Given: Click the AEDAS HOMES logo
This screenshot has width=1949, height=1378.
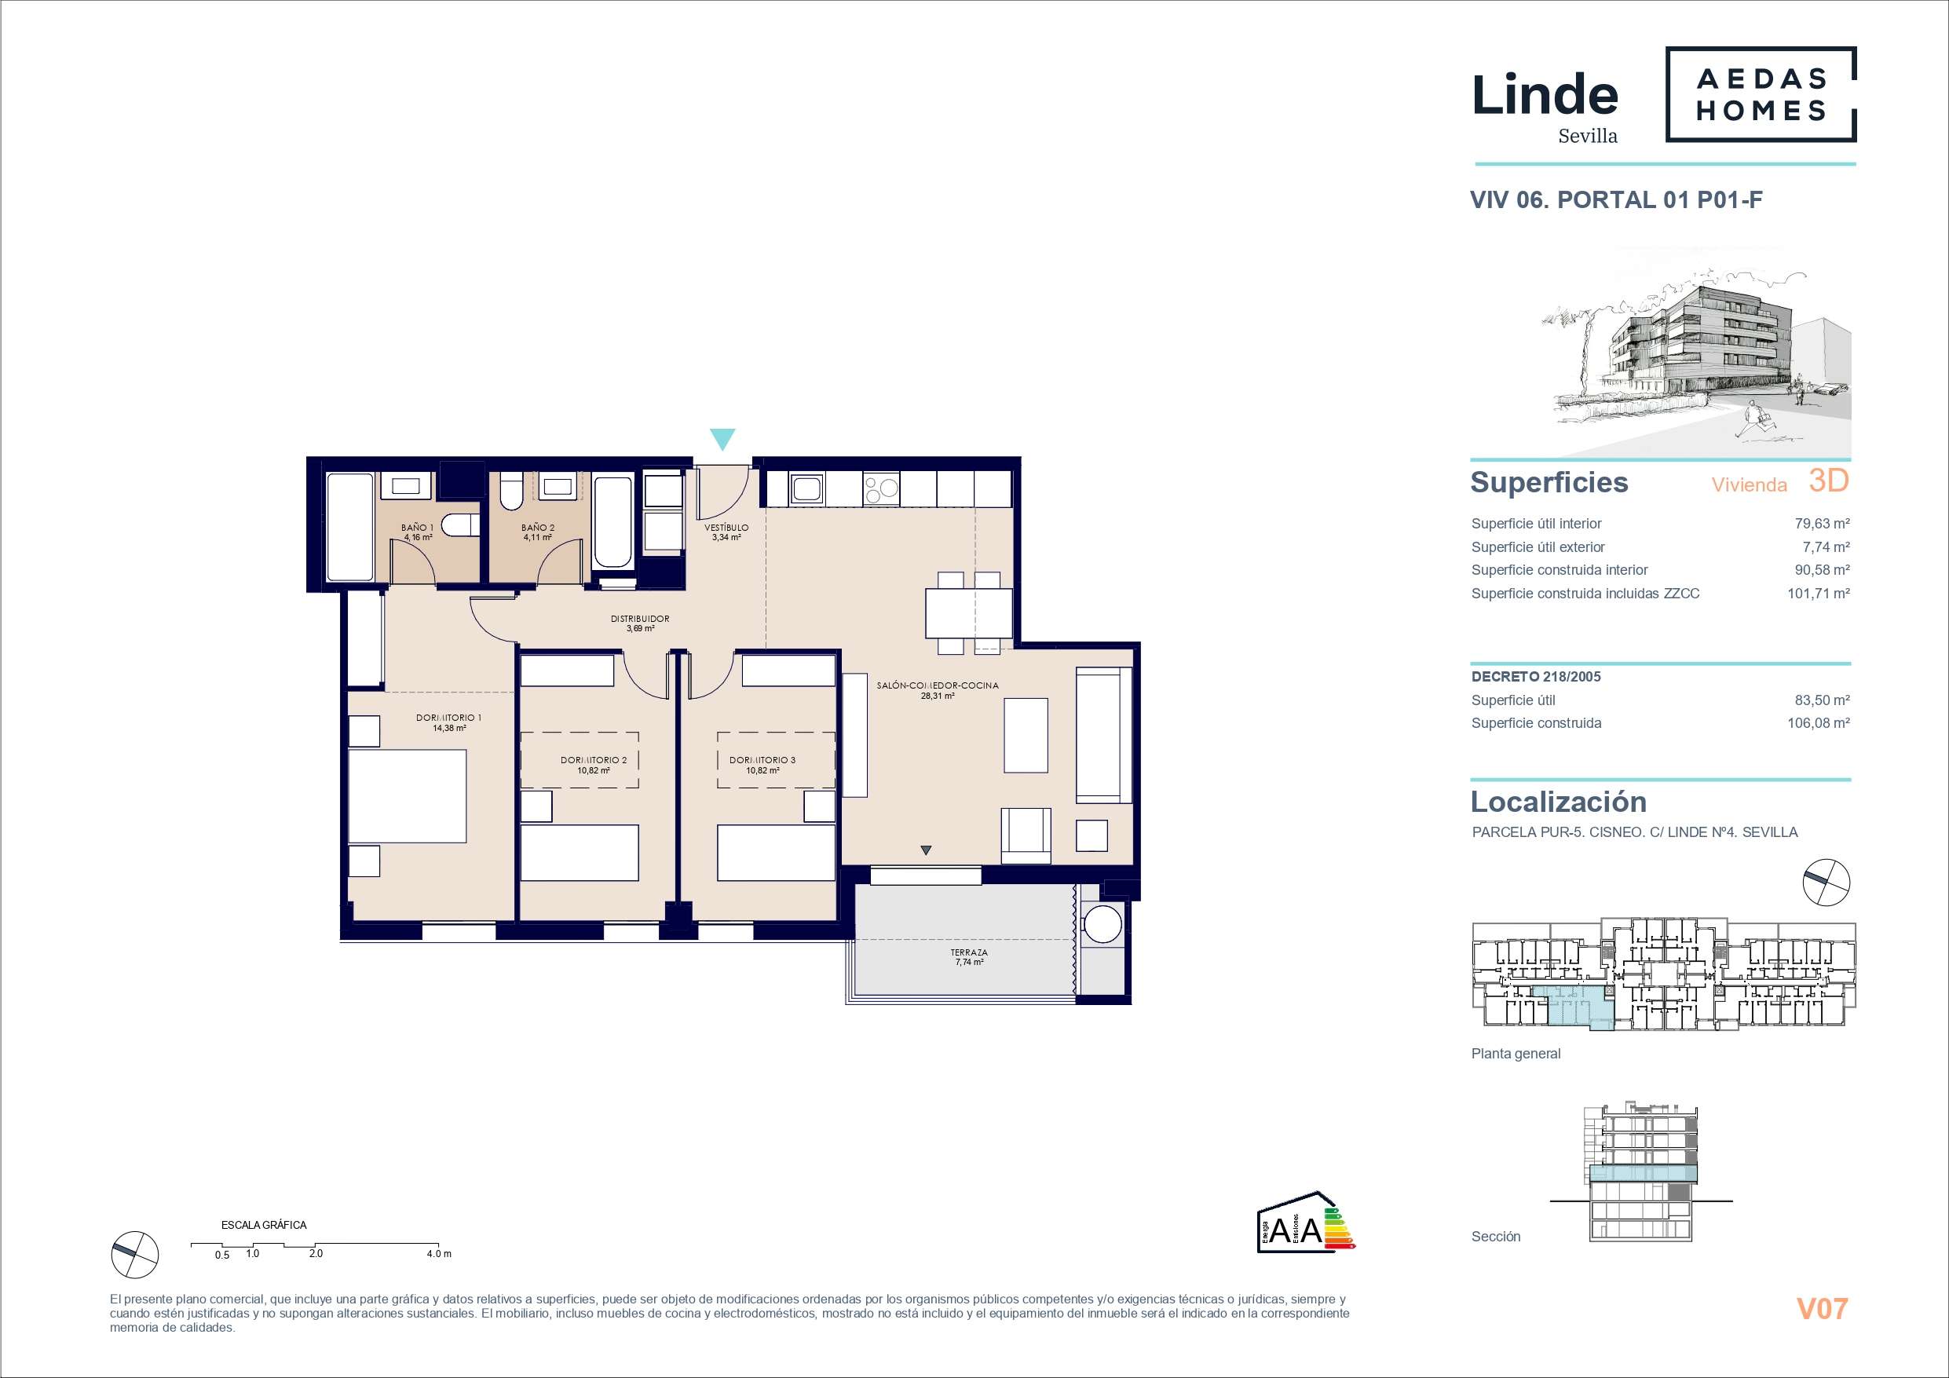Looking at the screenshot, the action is tap(1761, 94).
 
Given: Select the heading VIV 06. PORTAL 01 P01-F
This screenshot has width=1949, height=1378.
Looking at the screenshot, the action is tap(1616, 200).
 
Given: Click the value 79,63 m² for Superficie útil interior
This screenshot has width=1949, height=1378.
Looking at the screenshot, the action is tap(1822, 524).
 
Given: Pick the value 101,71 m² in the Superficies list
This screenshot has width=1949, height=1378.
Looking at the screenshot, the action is tap(1819, 594).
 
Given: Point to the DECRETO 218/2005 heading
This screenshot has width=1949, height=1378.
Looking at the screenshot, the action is tap(1537, 677).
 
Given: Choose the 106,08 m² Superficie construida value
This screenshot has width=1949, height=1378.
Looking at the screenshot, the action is tap(1819, 723).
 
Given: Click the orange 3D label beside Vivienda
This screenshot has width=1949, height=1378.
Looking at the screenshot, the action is tap(1828, 481).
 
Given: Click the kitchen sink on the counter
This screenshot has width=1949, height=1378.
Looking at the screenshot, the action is tap(805, 488).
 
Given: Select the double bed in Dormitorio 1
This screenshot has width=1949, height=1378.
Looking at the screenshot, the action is tap(408, 795).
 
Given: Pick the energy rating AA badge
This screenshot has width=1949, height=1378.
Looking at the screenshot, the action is tap(1306, 1222).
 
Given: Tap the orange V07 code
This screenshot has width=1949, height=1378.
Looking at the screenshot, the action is tap(1822, 1308).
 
